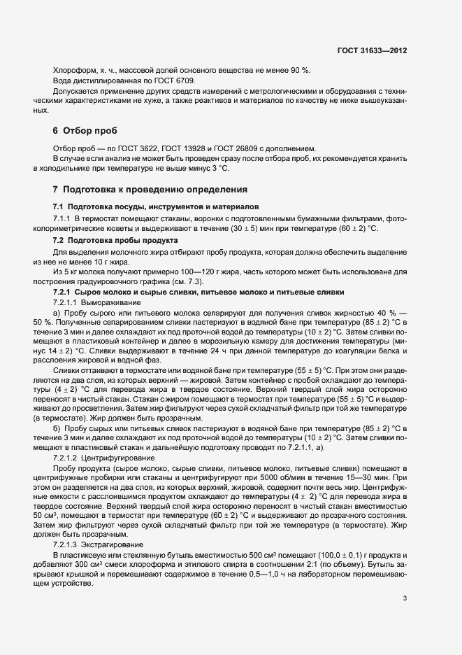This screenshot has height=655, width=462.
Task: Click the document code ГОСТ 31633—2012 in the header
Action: coord(373,51)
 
